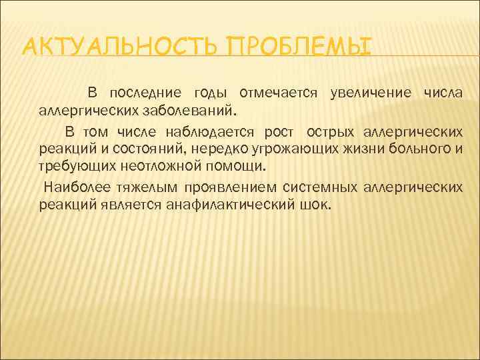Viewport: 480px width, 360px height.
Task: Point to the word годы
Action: click(209, 92)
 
